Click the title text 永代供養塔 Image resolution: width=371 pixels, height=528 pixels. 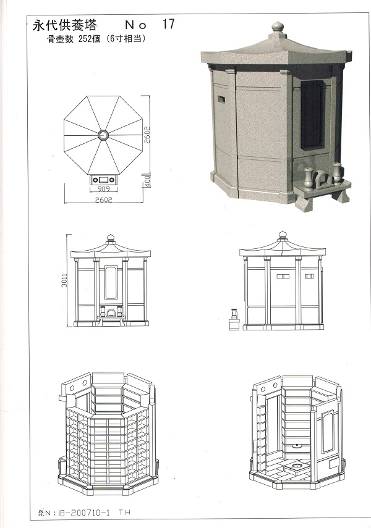coord(65,25)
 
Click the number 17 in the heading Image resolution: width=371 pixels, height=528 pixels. coord(168,24)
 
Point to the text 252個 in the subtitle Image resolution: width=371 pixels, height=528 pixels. coord(90,39)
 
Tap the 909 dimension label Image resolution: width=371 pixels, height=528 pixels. coord(103,189)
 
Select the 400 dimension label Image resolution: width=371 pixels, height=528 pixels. coord(148,181)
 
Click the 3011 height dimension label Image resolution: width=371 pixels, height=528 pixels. coord(64,280)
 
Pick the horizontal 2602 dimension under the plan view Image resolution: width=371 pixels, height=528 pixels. coord(103,199)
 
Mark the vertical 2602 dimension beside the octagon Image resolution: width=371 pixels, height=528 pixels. coord(147,135)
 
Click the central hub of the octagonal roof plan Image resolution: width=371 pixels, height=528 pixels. coord(103,135)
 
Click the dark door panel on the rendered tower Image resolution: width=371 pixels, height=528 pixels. coord(312,114)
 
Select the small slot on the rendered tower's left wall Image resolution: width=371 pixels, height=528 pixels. coord(221,99)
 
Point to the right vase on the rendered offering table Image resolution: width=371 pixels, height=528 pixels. coord(337,174)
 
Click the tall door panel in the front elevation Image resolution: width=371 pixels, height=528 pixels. coord(111,282)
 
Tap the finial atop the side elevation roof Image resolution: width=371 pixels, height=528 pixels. coord(283,236)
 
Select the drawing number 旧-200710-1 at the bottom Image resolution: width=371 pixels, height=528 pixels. coord(83,513)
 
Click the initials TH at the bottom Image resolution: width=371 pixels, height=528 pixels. coord(124,512)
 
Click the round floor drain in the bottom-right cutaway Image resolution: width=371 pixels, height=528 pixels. coord(297,466)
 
